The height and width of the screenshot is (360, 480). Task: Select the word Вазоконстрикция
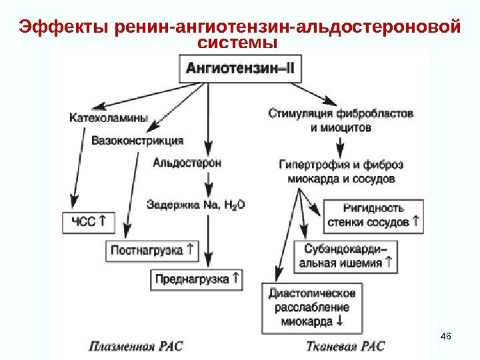point(137,141)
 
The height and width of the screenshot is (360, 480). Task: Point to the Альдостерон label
point(187,162)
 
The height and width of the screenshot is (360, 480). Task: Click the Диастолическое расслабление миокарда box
point(313,307)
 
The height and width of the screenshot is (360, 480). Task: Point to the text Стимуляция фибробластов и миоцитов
point(341,120)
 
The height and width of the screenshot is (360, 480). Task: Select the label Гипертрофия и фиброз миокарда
point(341,171)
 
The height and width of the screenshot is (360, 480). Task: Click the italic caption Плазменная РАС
point(136,345)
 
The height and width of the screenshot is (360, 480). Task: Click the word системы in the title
point(238,43)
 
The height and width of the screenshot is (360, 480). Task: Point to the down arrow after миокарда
point(341,321)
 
